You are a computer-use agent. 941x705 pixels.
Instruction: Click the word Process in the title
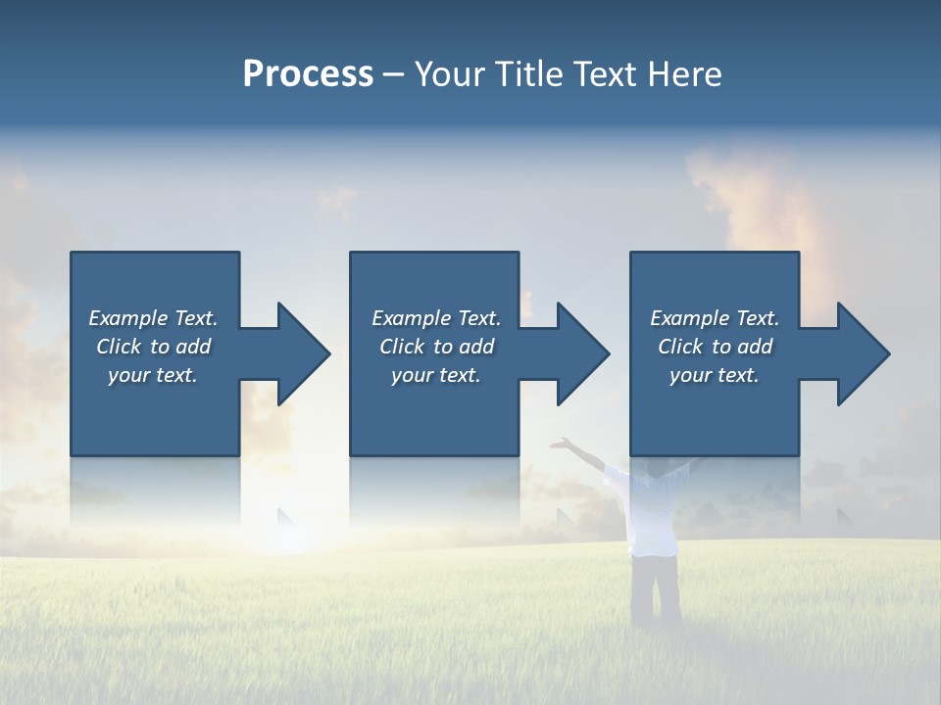click(x=308, y=74)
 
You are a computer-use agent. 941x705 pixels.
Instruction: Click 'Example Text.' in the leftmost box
click(x=153, y=318)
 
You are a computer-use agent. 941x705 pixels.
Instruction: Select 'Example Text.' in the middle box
click(x=436, y=318)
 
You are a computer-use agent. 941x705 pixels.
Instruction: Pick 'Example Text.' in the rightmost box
click(x=715, y=318)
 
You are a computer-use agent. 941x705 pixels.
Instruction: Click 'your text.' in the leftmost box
click(x=153, y=375)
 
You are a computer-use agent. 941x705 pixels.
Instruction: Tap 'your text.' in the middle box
click(x=436, y=375)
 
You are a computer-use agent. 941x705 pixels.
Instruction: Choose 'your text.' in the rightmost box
click(x=715, y=375)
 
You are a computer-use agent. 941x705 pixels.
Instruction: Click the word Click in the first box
click(x=120, y=347)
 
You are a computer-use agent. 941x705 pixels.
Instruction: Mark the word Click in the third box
click(x=681, y=347)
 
